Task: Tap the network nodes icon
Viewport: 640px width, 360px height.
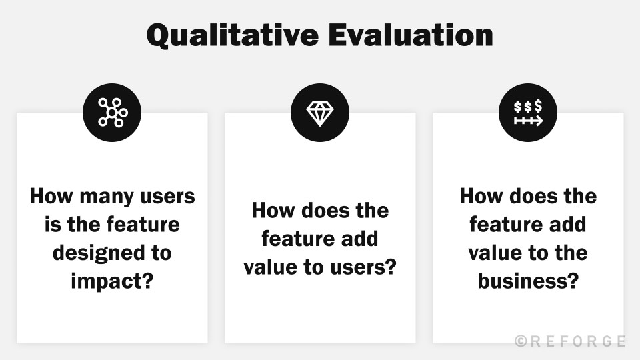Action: [112, 112]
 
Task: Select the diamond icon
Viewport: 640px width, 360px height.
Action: [320, 112]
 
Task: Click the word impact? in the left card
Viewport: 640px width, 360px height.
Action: [112, 281]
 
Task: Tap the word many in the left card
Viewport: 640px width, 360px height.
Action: [100, 197]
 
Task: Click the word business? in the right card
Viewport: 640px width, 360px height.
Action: [527, 281]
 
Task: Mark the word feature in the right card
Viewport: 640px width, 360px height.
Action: [507, 225]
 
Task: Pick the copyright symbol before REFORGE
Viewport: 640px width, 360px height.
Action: [521, 341]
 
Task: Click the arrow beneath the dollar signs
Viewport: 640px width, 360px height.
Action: [528, 121]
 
